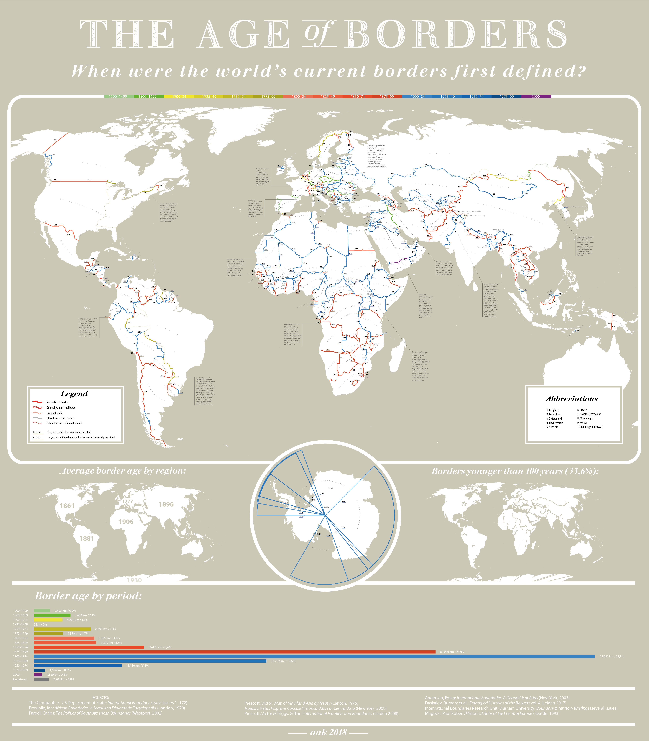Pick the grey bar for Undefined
(x=41, y=679)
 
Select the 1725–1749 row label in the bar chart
(x=20, y=624)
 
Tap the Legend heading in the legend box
(x=74, y=394)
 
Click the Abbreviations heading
(x=572, y=399)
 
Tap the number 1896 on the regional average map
(x=166, y=504)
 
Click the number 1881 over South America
(x=87, y=538)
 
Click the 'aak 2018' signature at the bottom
(x=328, y=732)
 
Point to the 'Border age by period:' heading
(x=88, y=596)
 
